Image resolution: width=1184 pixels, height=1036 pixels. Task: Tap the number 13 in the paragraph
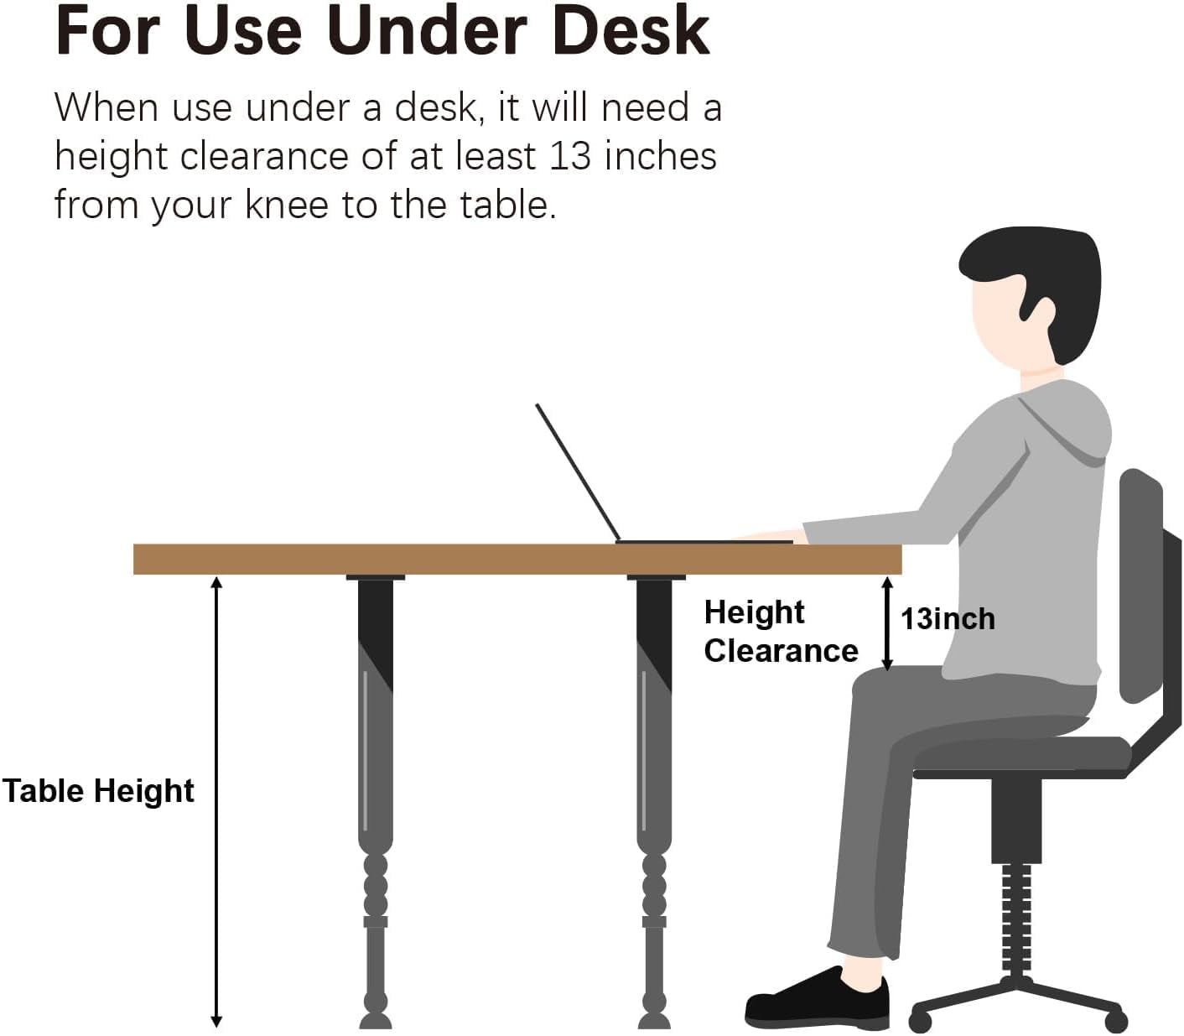pos(570,156)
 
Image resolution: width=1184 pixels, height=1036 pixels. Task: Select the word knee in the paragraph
pos(287,205)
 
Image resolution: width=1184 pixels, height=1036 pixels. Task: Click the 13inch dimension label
pos(948,619)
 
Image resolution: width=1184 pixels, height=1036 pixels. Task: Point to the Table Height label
pos(98,790)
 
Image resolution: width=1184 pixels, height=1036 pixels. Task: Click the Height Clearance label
pos(782,632)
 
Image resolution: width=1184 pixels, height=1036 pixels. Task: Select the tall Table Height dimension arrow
pos(216,802)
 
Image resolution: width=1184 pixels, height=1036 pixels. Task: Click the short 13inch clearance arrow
pos(887,624)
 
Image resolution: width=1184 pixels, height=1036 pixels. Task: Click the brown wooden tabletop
pos(517,559)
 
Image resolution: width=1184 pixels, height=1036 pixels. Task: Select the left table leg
pos(376,802)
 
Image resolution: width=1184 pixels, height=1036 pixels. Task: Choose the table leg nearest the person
pos(655,802)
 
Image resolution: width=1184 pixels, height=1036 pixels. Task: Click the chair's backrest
pos(1141,586)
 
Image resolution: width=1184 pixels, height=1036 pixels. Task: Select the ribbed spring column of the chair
pos(1017,919)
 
